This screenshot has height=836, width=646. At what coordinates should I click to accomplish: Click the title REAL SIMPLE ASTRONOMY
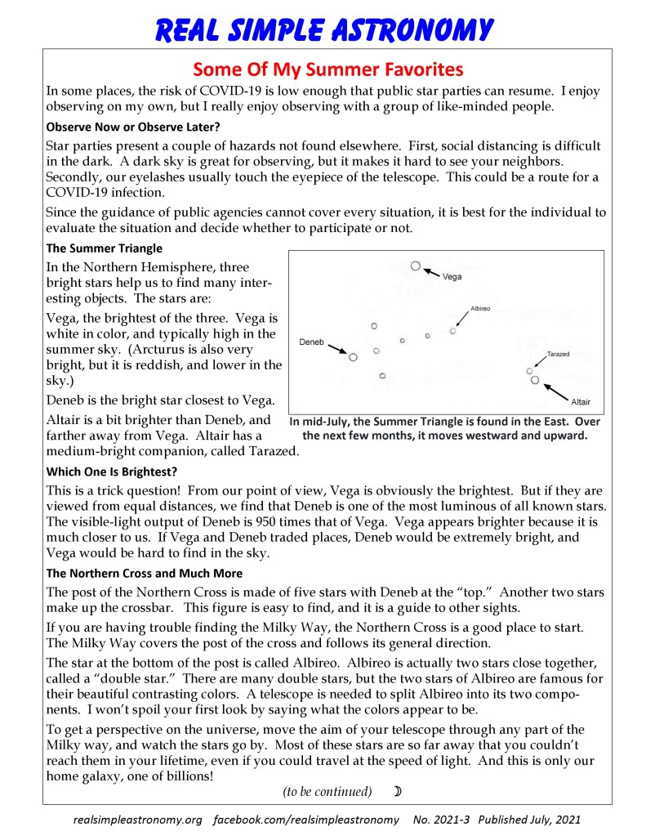tap(324, 29)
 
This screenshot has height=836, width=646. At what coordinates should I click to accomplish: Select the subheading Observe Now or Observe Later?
tap(133, 127)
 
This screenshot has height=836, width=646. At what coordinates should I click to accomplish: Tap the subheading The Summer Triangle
tap(105, 248)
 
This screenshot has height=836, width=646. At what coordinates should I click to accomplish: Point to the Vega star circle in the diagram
tap(416, 266)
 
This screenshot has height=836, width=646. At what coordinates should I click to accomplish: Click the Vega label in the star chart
tap(452, 277)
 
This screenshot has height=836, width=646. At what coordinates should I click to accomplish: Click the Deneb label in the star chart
tap(312, 341)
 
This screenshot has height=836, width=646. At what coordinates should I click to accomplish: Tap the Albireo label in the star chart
tap(481, 309)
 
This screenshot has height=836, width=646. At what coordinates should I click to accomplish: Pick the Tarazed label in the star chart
tap(559, 354)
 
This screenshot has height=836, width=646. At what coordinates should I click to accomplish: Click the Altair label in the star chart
tap(581, 402)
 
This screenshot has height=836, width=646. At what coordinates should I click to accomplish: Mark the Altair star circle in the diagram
tap(535, 380)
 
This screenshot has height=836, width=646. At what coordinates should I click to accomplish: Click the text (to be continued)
tap(327, 791)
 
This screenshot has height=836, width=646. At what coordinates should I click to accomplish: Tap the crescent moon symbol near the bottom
tap(398, 791)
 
